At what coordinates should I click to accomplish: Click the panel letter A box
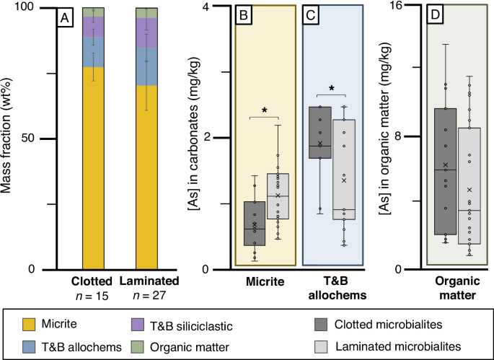point(63,19)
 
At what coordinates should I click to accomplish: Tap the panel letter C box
point(312,16)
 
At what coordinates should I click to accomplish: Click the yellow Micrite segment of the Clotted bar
point(94,166)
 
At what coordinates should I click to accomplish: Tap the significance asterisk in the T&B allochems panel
point(332,89)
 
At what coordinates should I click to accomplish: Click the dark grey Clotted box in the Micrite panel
point(254,224)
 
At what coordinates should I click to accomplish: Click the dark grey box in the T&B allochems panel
point(320,137)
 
